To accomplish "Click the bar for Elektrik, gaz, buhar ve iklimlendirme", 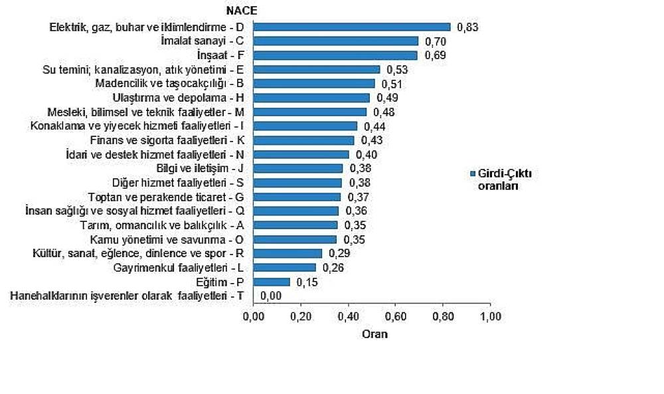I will pyautogui.click(x=352, y=27).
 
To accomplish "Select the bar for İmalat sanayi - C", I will pyautogui.click(x=336, y=41).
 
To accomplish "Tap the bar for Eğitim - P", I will pyautogui.click(x=272, y=282).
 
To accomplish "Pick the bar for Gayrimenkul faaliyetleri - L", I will pyautogui.click(x=284, y=267).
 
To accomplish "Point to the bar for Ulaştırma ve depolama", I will pyautogui.click(x=311, y=98).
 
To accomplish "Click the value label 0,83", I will pyautogui.click(x=467, y=27).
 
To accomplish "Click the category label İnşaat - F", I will pyautogui.click(x=221, y=55).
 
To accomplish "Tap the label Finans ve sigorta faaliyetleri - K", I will pyautogui.click(x=167, y=140).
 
